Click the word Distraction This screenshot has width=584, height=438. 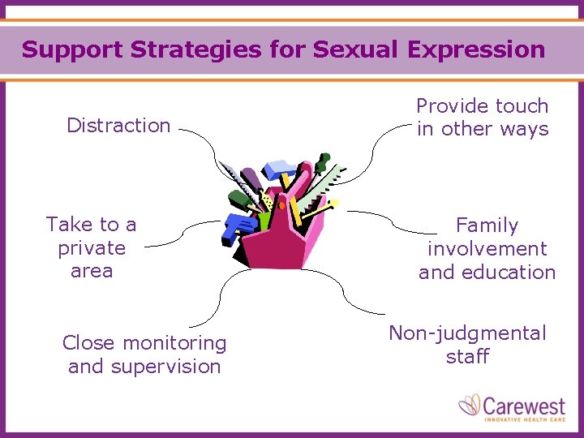pyautogui.click(x=118, y=125)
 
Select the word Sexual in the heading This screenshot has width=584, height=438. pyautogui.click(x=355, y=49)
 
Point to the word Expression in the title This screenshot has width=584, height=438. pyautogui.click(x=476, y=49)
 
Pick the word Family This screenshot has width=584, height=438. pyautogui.click(x=487, y=225)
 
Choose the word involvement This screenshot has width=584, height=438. pyautogui.click(x=487, y=249)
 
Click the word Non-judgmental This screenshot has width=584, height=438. pyautogui.click(x=468, y=333)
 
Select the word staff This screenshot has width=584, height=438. pyautogui.click(x=468, y=356)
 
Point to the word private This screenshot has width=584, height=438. pyautogui.click(x=92, y=248)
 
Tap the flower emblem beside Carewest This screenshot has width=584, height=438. pyautogui.click(x=470, y=406)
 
